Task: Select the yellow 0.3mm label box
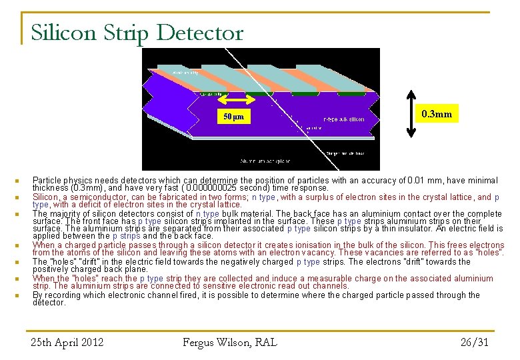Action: (x=437, y=114)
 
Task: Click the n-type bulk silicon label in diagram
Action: (x=343, y=119)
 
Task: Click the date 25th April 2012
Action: (x=67, y=343)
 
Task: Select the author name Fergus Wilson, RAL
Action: (x=229, y=343)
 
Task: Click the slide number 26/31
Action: (x=475, y=343)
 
